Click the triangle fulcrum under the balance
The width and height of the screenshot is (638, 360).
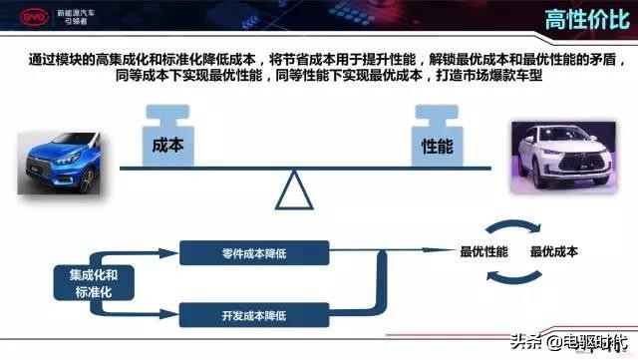(x=295, y=190)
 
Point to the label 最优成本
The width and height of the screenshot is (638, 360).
(x=555, y=252)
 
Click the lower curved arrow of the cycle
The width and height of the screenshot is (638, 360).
(x=519, y=280)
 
